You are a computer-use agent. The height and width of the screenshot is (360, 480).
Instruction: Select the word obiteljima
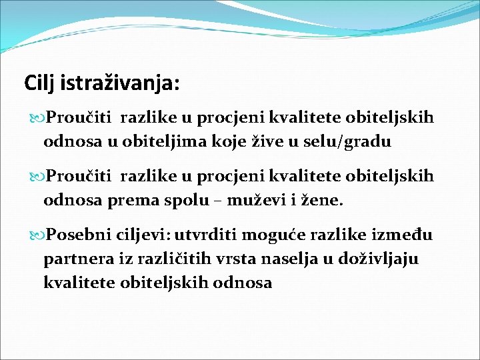pos(151,141)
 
